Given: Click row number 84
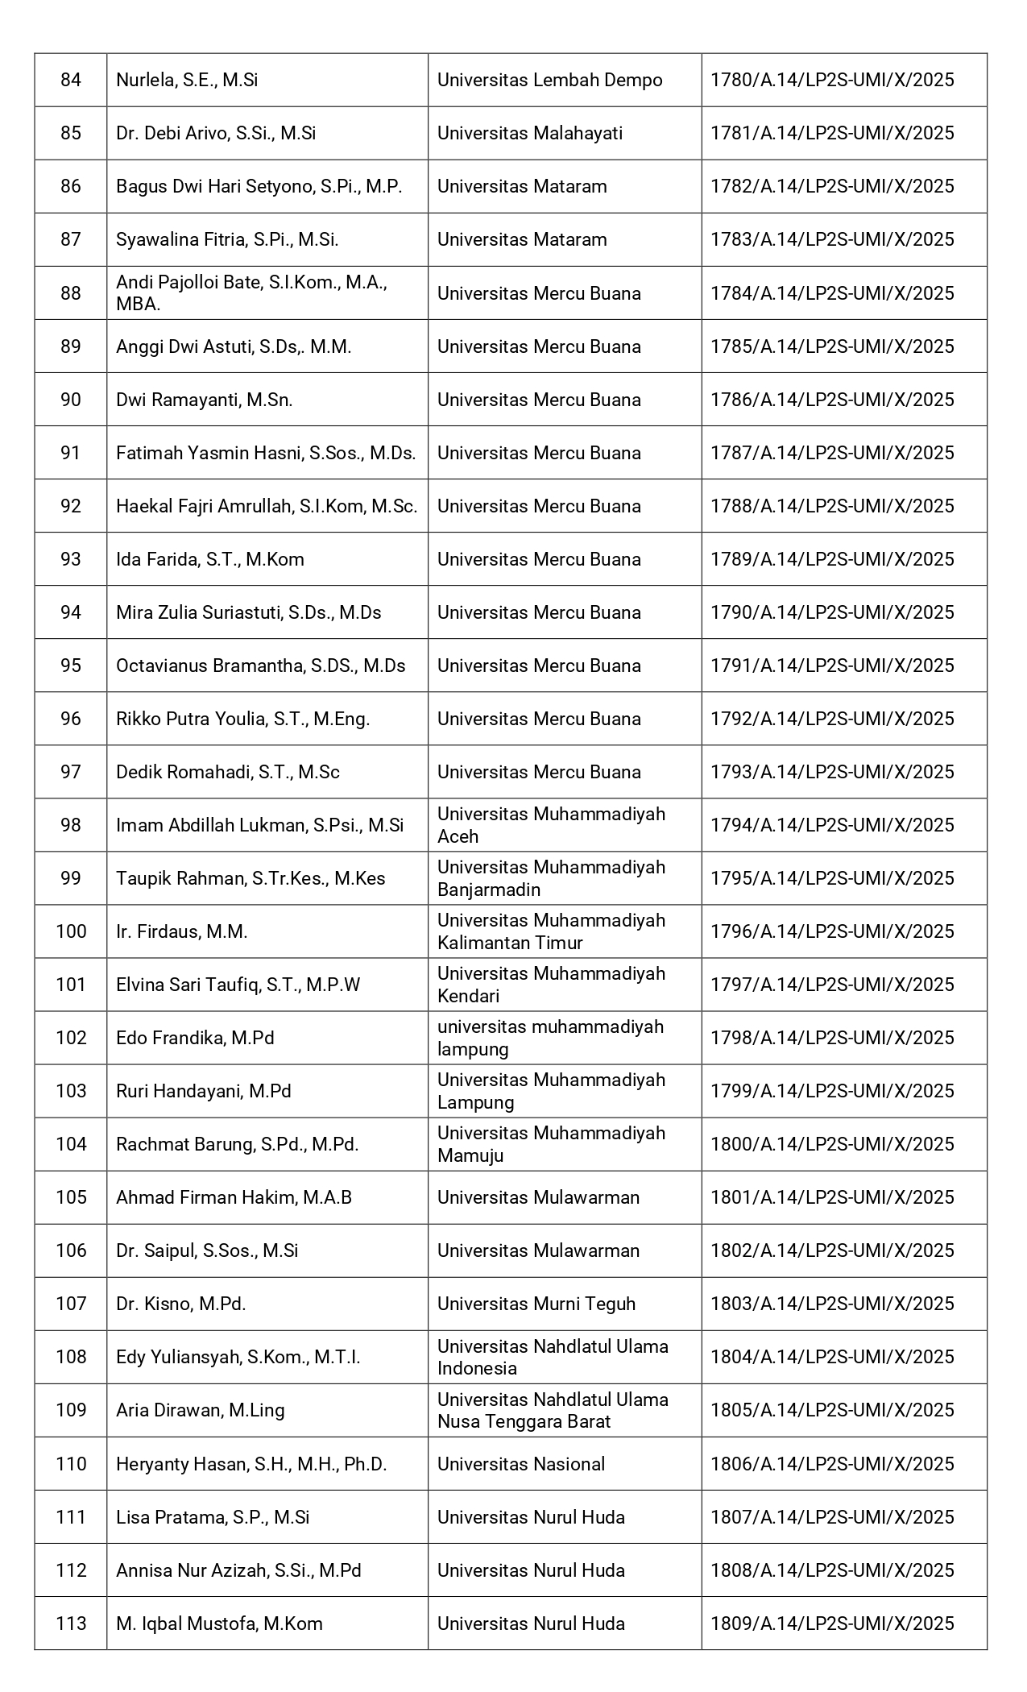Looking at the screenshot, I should click(71, 80).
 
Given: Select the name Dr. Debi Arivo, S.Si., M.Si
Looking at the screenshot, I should click(216, 133).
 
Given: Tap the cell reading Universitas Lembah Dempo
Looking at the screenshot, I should click(549, 80).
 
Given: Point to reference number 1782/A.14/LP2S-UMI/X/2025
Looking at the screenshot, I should click(832, 186).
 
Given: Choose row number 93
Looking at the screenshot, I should click(71, 559).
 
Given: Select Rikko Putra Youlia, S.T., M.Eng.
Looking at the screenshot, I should click(242, 719).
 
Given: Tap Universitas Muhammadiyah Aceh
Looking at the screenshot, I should click(551, 825).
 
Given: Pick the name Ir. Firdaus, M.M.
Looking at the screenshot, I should click(181, 931).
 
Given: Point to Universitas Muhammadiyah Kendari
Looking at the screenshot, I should click(551, 985).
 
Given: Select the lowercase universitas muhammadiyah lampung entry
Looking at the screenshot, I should click(550, 1038).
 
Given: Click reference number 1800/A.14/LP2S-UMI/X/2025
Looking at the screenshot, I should click(832, 1144).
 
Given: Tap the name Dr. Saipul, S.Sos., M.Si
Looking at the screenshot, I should click(207, 1250).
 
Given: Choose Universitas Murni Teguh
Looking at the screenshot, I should click(536, 1304).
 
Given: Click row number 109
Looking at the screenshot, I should click(71, 1410).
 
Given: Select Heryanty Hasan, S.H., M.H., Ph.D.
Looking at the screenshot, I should click(251, 1464).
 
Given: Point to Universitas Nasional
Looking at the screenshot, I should click(520, 1464).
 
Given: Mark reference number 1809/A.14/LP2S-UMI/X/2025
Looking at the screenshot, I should click(832, 1624).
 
